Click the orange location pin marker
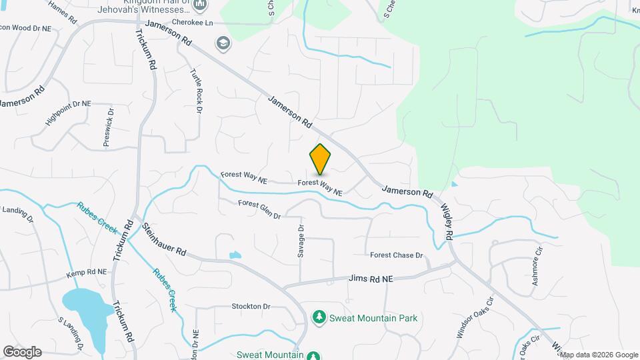(320, 159)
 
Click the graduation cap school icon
(222, 44)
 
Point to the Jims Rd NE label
(370, 279)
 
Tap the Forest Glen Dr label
(259, 209)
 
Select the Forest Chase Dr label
(397, 255)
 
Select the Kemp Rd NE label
(87, 273)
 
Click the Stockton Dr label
(251, 307)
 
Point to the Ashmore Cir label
(537, 267)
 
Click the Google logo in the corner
(23, 351)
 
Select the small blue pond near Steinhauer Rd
(235, 255)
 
